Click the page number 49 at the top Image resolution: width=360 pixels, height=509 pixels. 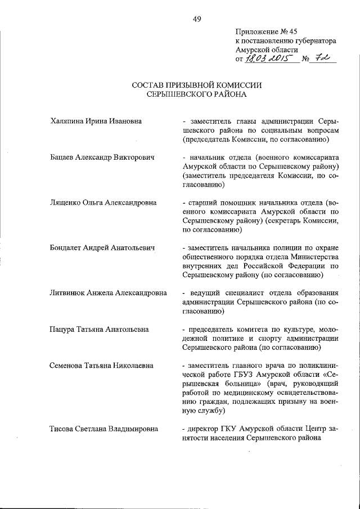coord(197,19)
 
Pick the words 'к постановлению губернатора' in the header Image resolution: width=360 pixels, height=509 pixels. coord(286,41)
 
